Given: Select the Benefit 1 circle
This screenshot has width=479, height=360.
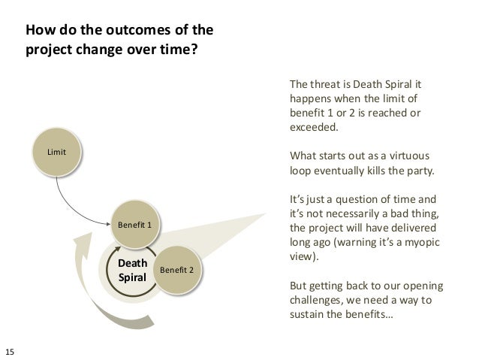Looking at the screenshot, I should (x=135, y=224).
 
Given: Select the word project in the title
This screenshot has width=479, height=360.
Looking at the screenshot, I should (x=51, y=52).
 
